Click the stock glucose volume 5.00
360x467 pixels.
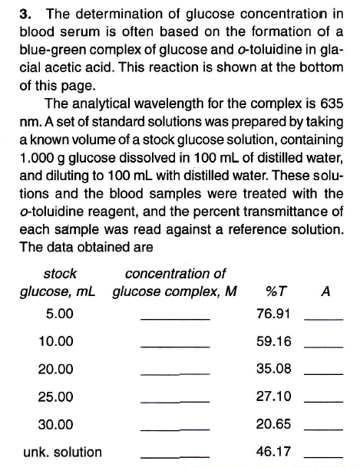point(60,314)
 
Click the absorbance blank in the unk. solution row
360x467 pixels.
point(323,457)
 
